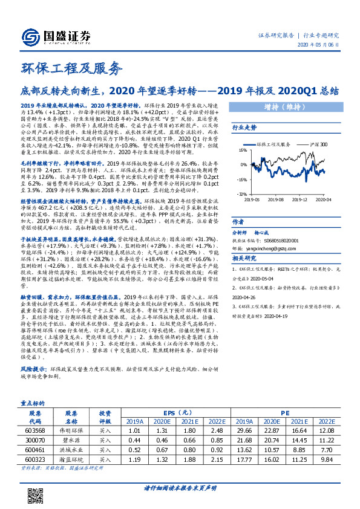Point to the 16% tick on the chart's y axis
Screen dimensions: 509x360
coord(241,148)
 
